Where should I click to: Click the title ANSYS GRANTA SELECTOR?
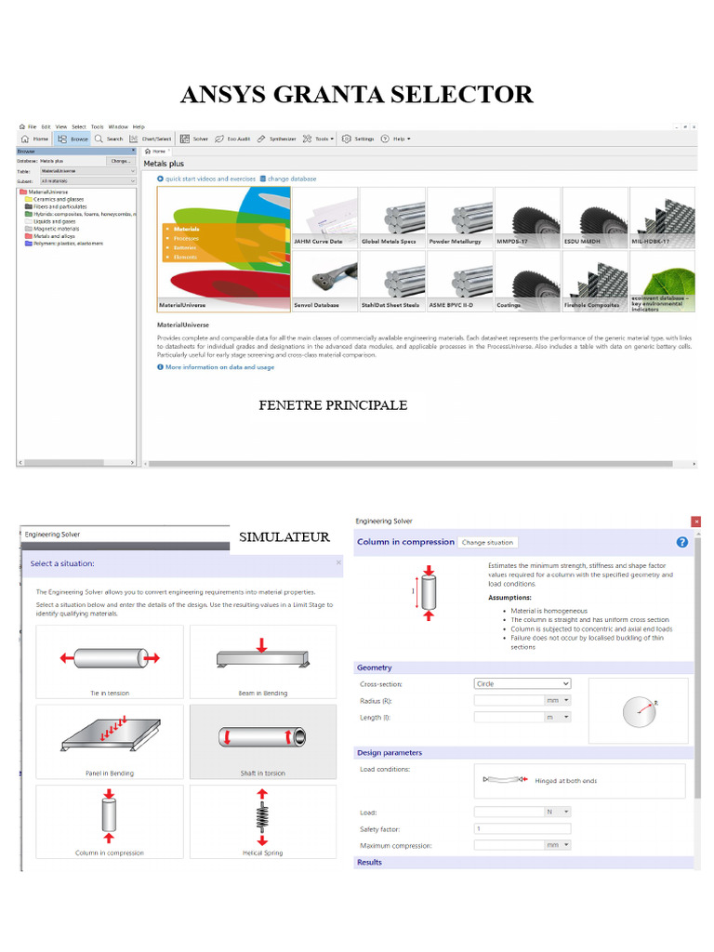pyautogui.click(x=357, y=94)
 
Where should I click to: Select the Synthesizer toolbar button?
pyautogui.click(x=277, y=139)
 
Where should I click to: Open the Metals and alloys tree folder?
pyautogui.click(x=55, y=236)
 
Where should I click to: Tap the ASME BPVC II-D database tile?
pyautogui.click(x=459, y=281)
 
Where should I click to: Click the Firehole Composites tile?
pyautogui.click(x=595, y=281)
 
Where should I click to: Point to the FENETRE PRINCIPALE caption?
pyautogui.click(x=332, y=405)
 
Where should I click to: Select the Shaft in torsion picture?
pyautogui.click(x=262, y=740)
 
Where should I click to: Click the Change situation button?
pyautogui.click(x=487, y=542)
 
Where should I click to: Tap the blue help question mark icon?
pyautogui.click(x=682, y=542)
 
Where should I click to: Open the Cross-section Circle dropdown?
pyautogui.click(x=522, y=683)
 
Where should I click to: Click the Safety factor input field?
pyautogui.click(x=522, y=828)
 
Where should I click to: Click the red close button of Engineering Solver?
pyautogui.click(x=696, y=522)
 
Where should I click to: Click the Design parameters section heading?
pyautogui.click(x=390, y=753)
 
